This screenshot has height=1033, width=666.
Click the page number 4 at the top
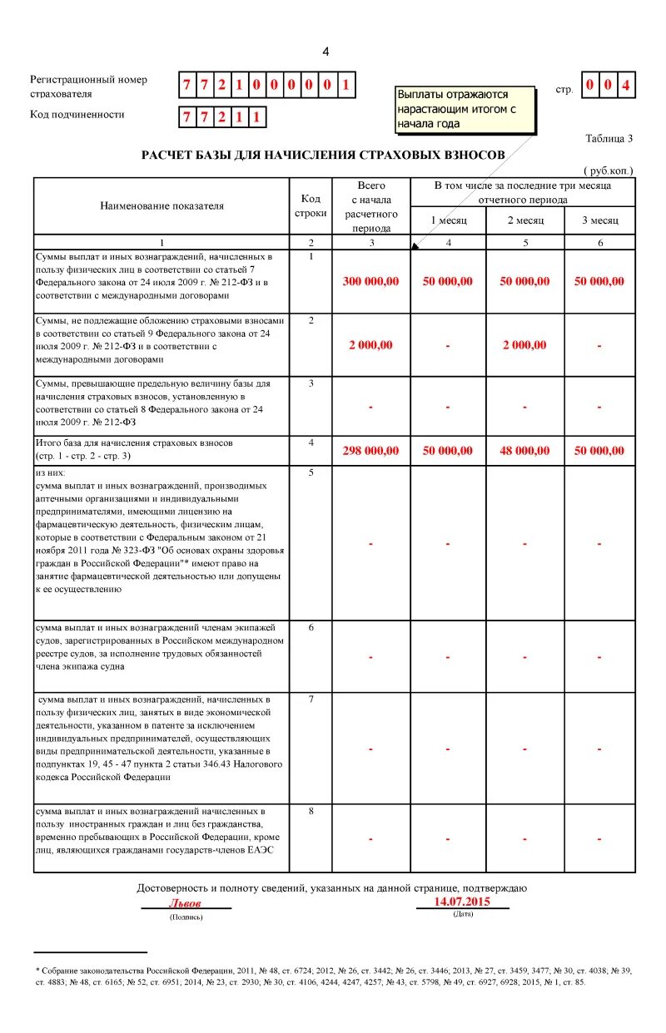point(326,52)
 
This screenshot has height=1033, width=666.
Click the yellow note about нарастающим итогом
point(465,109)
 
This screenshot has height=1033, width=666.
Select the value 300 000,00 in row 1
point(370,281)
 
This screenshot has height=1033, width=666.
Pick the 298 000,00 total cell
point(370,451)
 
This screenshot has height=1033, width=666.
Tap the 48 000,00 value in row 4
point(524,451)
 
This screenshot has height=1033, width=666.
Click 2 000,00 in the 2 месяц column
point(524,345)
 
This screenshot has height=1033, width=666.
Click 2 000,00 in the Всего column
point(370,345)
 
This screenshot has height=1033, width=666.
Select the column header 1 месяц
point(448,220)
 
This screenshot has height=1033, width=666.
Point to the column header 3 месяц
point(599,220)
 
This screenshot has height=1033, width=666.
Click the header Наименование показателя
point(162,205)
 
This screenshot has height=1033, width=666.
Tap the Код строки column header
point(311,205)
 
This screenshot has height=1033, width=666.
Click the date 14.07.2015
point(462,902)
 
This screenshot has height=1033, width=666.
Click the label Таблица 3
point(609,139)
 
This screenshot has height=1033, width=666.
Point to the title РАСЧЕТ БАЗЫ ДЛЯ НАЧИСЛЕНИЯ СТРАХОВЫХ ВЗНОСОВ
point(322,156)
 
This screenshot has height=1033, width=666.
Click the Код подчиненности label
point(77,115)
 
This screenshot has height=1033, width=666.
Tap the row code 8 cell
point(311,811)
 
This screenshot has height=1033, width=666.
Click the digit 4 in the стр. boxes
point(626,85)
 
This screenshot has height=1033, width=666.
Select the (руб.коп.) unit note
point(608,171)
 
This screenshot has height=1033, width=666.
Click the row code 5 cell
point(311,473)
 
